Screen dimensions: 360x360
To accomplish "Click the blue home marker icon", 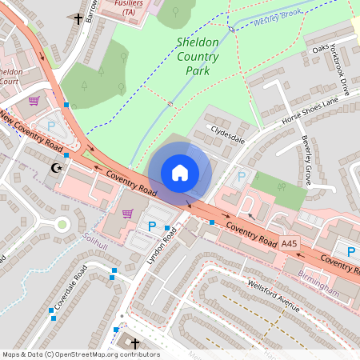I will pos(180,172).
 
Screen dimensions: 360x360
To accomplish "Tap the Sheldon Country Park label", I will pos(197,55).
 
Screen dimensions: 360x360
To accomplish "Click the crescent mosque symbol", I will pos(55,168).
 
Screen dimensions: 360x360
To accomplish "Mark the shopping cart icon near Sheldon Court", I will pos(34,101).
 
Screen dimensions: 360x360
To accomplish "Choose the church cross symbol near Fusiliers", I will pos(78,18).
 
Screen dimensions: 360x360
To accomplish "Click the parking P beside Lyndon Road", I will pos(152,226).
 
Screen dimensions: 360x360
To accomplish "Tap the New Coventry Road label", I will pos(32,133).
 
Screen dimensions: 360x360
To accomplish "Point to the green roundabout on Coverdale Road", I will pos(62,224).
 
